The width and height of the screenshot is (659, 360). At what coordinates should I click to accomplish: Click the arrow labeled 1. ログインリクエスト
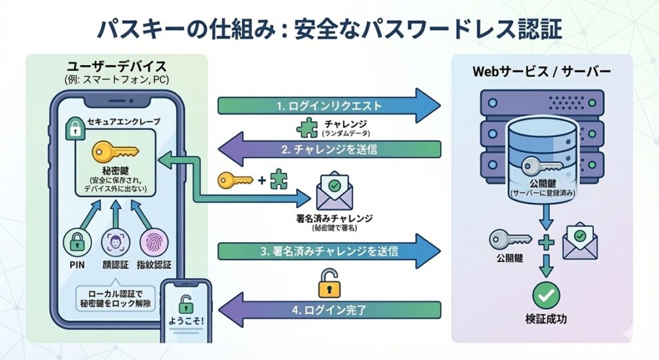(328, 106)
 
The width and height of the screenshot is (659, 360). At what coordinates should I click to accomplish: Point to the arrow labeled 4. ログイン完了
(328, 310)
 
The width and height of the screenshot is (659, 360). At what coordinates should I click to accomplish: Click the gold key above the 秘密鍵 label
(115, 152)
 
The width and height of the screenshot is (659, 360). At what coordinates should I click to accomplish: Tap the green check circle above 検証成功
(546, 295)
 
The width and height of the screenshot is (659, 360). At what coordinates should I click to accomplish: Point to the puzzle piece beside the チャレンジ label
(307, 128)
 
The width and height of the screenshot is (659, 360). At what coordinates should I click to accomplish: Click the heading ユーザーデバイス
(116, 67)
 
